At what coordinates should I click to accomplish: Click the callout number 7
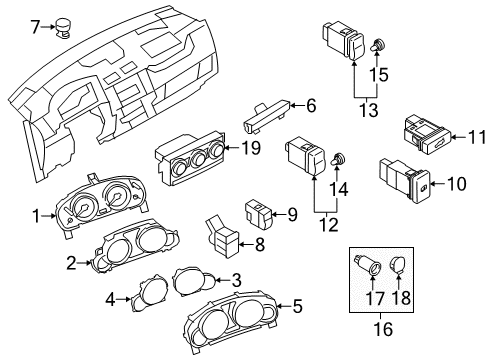(x=35, y=27)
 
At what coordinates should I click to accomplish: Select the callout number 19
(x=251, y=148)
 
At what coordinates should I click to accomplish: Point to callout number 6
(x=311, y=106)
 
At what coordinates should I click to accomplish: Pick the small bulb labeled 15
(x=377, y=45)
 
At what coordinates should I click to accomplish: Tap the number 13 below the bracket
(x=369, y=110)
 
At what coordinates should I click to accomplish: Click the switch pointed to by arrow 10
(x=405, y=180)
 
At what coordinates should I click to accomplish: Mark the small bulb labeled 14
(x=337, y=159)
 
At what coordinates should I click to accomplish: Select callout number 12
(x=329, y=225)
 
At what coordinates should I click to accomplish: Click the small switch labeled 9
(x=259, y=214)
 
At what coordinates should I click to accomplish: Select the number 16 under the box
(x=383, y=329)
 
